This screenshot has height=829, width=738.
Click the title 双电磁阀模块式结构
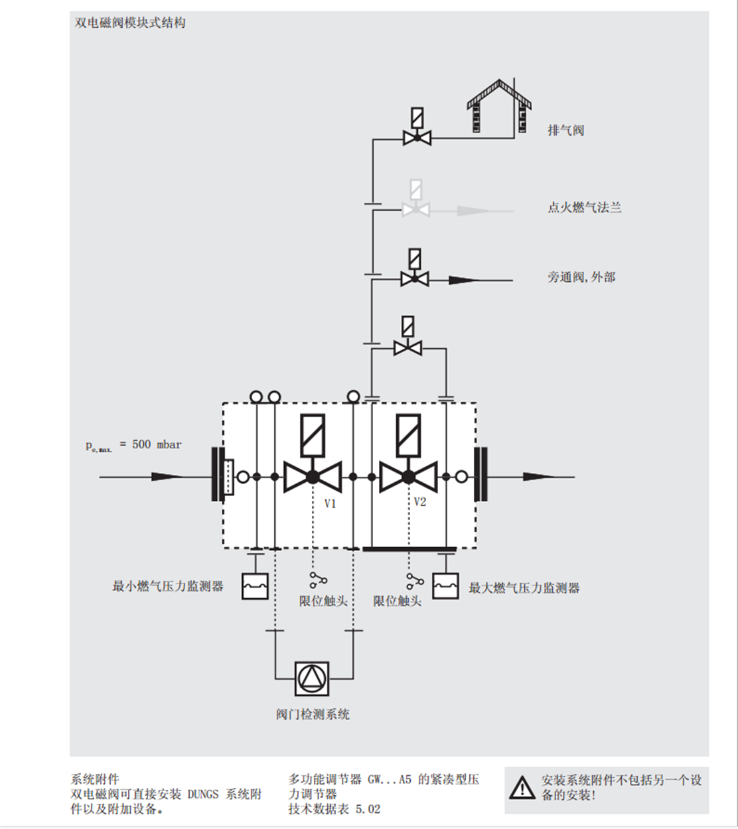pyautogui.click(x=130, y=23)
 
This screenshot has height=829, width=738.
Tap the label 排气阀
pyautogui.click(x=566, y=131)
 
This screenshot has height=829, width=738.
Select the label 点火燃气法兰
pyautogui.click(x=585, y=208)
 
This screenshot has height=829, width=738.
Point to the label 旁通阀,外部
pyautogui.click(x=581, y=277)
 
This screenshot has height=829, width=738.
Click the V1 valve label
pyautogui.click(x=330, y=504)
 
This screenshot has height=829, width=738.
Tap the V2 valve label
pyautogui.click(x=420, y=501)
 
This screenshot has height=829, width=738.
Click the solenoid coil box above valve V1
pyautogui.click(x=313, y=435)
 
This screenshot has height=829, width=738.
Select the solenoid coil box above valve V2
pyautogui.click(x=408, y=435)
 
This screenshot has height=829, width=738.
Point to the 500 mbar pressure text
pyautogui.click(x=157, y=444)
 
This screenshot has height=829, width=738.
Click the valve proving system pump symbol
pyautogui.click(x=312, y=679)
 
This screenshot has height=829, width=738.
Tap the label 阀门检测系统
pyautogui.click(x=313, y=714)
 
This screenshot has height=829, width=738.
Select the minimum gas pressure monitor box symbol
pyautogui.click(x=255, y=586)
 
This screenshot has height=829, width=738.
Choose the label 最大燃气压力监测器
pyautogui.click(x=524, y=588)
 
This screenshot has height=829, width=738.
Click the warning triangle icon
pyautogui.click(x=522, y=788)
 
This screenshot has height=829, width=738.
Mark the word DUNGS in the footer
pyautogui.click(x=202, y=795)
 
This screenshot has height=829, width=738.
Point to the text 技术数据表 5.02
pyautogui.click(x=334, y=809)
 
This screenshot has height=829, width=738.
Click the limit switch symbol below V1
pyautogui.click(x=318, y=580)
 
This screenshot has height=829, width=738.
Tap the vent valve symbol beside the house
pyautogui.click(x=417, y=127)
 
